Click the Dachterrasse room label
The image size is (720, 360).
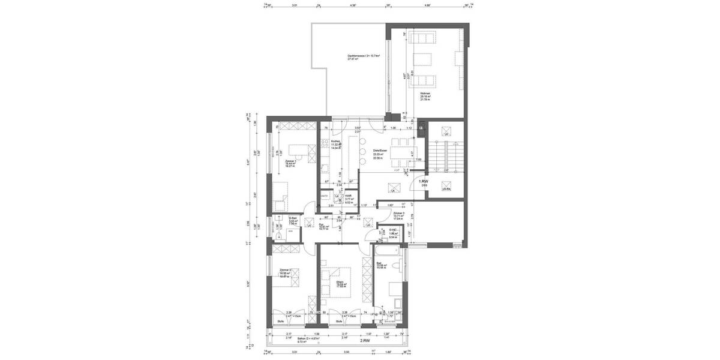point(359,56)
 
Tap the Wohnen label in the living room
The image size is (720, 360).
point(425,94)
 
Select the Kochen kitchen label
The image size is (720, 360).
point(335,142)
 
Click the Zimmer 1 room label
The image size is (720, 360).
point(291,161)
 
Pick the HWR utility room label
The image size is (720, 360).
point(348,196)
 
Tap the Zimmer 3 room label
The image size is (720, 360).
point(399,214)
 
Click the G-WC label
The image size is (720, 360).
point(394,230)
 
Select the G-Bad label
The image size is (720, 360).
point(293,218)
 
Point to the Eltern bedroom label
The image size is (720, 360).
point(340,282)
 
